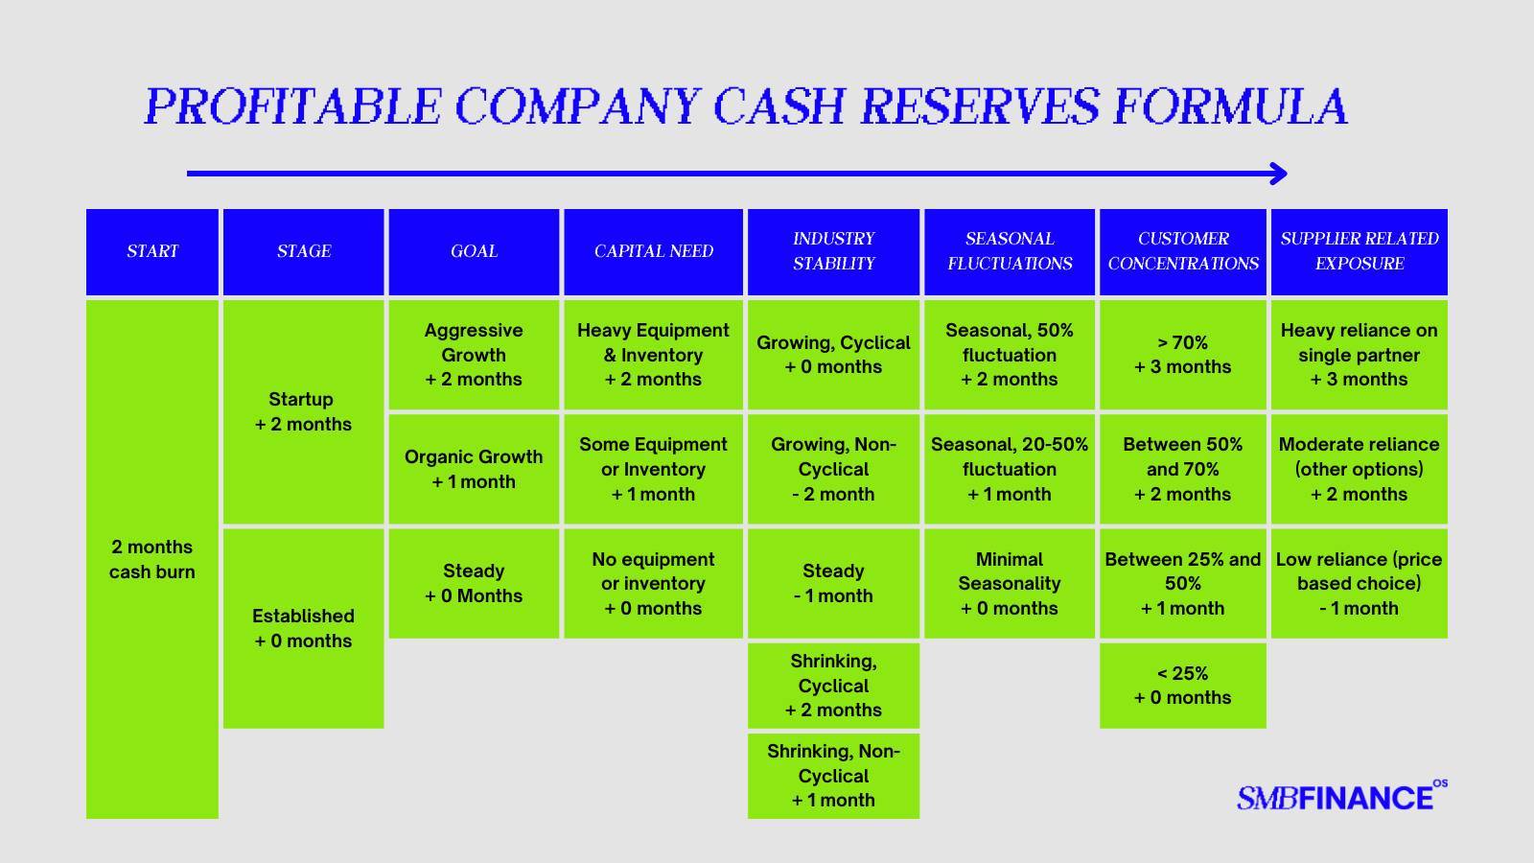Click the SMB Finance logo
click(1341, 796)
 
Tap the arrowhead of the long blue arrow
click(1279, 174)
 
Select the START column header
click(152, 252)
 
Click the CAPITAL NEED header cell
click(653, 252)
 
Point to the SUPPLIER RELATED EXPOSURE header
click(1360, 252)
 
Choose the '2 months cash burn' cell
click(152, 559)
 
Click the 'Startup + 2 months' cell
click(303, 411)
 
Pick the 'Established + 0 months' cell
click(303, 628)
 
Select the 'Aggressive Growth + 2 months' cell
click(474, 355)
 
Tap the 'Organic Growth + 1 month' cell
click(474, 469)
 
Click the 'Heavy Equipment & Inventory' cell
click(653, 355)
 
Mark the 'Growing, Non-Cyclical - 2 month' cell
click(833, 469)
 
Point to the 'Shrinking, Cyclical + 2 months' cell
click(833, 686)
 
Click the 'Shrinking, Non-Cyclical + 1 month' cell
click(833, 776)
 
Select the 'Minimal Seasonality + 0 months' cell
click(1010, 584)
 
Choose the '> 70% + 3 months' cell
click(1183, 355)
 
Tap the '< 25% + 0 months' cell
click(1183, 686)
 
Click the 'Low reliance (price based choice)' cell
click(1360, 584)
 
